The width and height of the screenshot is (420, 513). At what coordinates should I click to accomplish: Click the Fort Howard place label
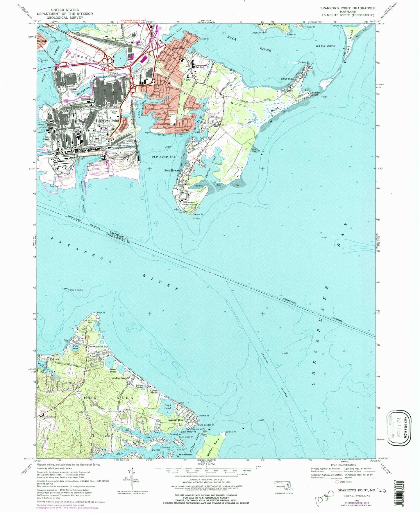[169, 171]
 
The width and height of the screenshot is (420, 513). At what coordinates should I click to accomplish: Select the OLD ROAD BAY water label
[164, 157]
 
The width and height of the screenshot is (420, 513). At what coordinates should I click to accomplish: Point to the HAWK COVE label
[326, 46]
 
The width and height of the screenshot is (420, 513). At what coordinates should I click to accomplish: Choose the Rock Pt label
[101, 313]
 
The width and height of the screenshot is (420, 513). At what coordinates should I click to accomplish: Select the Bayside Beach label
[176, 420]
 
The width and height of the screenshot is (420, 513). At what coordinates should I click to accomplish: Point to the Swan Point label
[287, 79]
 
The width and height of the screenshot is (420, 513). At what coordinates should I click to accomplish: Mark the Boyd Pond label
[168, 406]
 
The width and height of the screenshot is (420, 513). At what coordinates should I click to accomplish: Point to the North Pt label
[198, 215]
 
